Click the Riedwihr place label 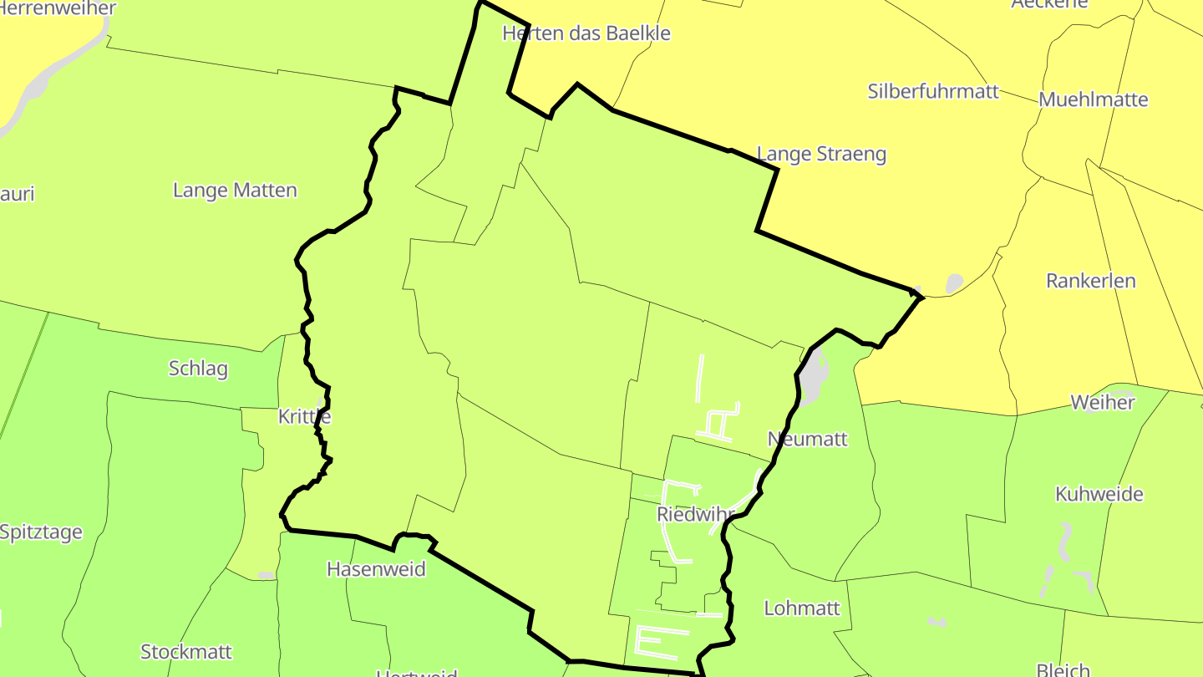pyautogui.click(x=695, y=514)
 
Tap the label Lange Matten pyautogui.click(x=235, y=191)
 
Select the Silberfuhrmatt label pyautogui.click(x=933, y=91)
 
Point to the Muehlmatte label pyautogui.click(x=1094, y=99)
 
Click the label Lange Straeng pyautogui.click(x=821, y=154)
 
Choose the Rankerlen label pyautogui.click(x=1091, y=281)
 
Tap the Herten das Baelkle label pyautogui.click(x=586, y=33)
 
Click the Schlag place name pyautogui.click(x=198, y=369)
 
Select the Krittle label pyautogui.click(x=304, y=416)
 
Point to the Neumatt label pyautogui.click(x=808, y=439)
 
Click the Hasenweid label pyautogui.click(x=376, y=569)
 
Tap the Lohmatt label pyautogui.click(x=802, y=608)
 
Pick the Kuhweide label pyautogui.click(x=1099, y=494)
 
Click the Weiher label pyautogui.click(x=1103, y=402)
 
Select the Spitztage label pyautogui.click(x=42, y=532)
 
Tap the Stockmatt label pyautogui.click(x=186, y=651)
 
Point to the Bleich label pyautogui.click(x=1063, y=669)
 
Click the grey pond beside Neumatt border pyautogui.click(x=812, y=376)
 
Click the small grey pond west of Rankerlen pyautogui.click(x=953, y=284)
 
